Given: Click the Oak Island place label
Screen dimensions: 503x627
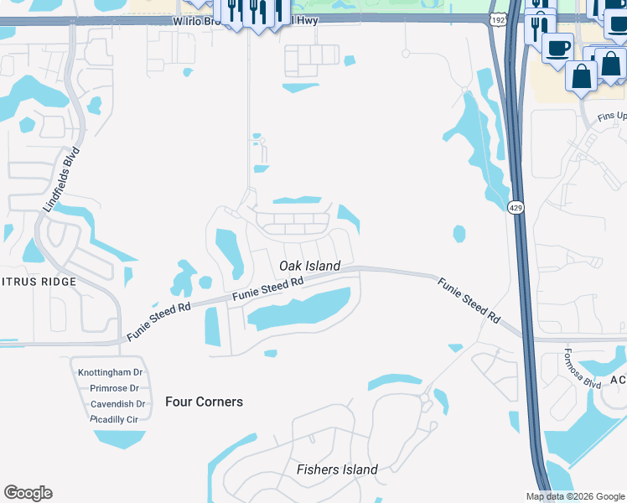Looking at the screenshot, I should (x=309, y=266).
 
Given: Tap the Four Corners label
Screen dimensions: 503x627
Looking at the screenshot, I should (x=204, y=402).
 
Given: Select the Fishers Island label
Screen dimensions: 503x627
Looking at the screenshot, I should (x=337, y=469).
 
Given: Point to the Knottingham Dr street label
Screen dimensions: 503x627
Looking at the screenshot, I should (x=111, y=372).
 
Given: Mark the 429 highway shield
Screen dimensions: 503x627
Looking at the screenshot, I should (x=516, y=206).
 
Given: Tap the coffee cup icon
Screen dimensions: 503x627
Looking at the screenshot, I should (x=557, y=48).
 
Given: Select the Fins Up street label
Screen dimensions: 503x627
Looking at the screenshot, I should (x=611, y=116).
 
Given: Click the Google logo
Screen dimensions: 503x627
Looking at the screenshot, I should (x=28, y=493).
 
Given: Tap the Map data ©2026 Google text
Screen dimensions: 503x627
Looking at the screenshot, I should (x=574, y=496).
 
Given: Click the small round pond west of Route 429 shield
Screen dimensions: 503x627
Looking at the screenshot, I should (x=459, y=233).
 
